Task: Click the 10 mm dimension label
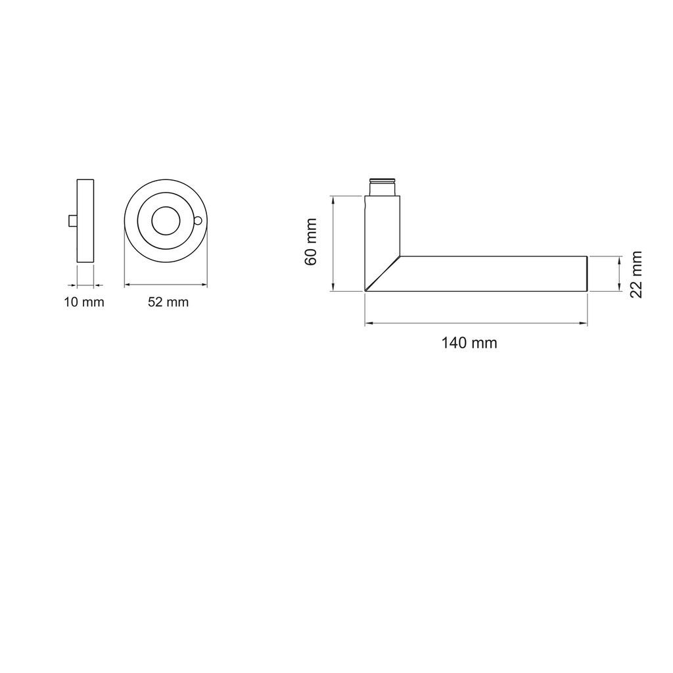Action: (84, 302)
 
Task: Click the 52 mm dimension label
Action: (168, 302)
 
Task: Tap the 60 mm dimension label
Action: (311, 242)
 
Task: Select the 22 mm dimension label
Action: (636, 275)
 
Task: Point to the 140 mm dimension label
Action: (469, 343)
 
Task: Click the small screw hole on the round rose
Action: (197, 221)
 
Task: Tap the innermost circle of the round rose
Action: (166, 221)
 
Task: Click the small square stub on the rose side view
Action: (73, 221)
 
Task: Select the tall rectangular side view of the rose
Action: (85, 221)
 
